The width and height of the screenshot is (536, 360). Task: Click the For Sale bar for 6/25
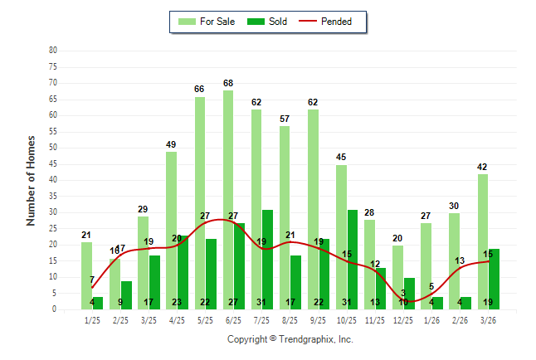tap(228, 199)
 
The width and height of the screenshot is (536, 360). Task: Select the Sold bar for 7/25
tap(267, 259)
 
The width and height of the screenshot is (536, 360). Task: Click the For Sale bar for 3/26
tap(482, 241)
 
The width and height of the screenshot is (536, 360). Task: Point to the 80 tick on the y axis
tap(53, 50)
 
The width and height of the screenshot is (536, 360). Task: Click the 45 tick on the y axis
tap(53, 163)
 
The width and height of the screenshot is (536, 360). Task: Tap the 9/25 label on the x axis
tap(318, 319)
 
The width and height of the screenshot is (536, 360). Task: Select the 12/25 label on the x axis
tap(402, 319)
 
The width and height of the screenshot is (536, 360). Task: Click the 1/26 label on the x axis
tap(431, 319)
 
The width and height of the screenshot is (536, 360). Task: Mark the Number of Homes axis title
tap(32, 180)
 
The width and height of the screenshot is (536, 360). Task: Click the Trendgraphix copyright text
tap(290, 339)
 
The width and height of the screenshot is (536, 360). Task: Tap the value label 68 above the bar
tap(228, 83)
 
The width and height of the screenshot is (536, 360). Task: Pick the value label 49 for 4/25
tap(171, 144)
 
